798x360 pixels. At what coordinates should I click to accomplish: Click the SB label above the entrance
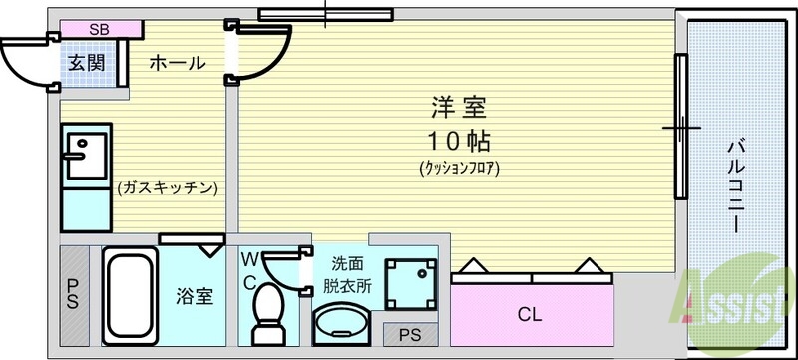[x=99, y=29]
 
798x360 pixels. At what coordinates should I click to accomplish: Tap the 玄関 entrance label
[x=86, y=63]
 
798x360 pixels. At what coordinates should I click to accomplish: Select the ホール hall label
[x=177, y=63]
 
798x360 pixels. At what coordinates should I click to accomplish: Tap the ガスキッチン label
[x=167, y=186]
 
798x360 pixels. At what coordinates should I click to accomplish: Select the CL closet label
[x=529, y=315]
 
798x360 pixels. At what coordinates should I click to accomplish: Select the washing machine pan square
[x=411, y=282]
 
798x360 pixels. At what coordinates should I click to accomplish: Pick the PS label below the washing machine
[x=410, y=334]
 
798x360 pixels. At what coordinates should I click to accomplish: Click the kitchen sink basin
[x=79, y=150]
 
